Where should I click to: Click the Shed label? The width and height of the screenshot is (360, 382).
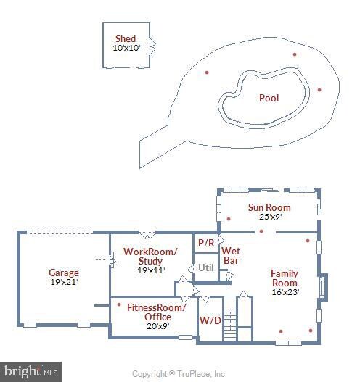(x=126, y=38)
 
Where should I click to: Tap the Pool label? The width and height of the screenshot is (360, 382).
(x=269, y=98)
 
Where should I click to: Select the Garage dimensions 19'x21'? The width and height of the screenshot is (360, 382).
(x=64, y=282)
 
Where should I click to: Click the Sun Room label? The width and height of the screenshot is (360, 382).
(x=269, y=207)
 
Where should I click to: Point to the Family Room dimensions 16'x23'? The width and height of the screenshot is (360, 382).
(x=285, y=292)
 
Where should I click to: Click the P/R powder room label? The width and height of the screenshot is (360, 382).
(x=206, y=243)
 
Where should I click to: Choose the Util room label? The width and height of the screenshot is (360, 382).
(x=206, y=267)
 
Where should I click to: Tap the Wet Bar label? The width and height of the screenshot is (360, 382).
(x=231, y=256)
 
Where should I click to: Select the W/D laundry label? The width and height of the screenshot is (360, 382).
(x=210, y=320)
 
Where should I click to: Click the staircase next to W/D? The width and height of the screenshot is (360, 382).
(x=230, y=318)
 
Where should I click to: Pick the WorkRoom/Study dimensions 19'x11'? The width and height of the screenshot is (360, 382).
(x=151, y=270)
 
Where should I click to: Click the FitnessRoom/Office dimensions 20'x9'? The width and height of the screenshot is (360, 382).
(x=158, y=326)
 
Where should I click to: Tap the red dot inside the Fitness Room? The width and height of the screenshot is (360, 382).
(x=119, y=304)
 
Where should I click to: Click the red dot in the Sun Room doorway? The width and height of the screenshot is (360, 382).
(x=261, y=231)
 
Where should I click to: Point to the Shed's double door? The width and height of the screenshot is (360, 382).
(x=152, y=46)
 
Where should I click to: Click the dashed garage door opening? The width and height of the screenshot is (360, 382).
(x=60, y=232)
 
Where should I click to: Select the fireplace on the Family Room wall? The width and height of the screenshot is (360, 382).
(x=323, y=287)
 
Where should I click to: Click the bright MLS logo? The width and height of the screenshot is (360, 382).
(x=30, y=372)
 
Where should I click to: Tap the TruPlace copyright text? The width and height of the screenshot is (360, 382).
(x=179, y=374)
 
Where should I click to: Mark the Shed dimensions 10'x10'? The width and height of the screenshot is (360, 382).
(x=126, y=48)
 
